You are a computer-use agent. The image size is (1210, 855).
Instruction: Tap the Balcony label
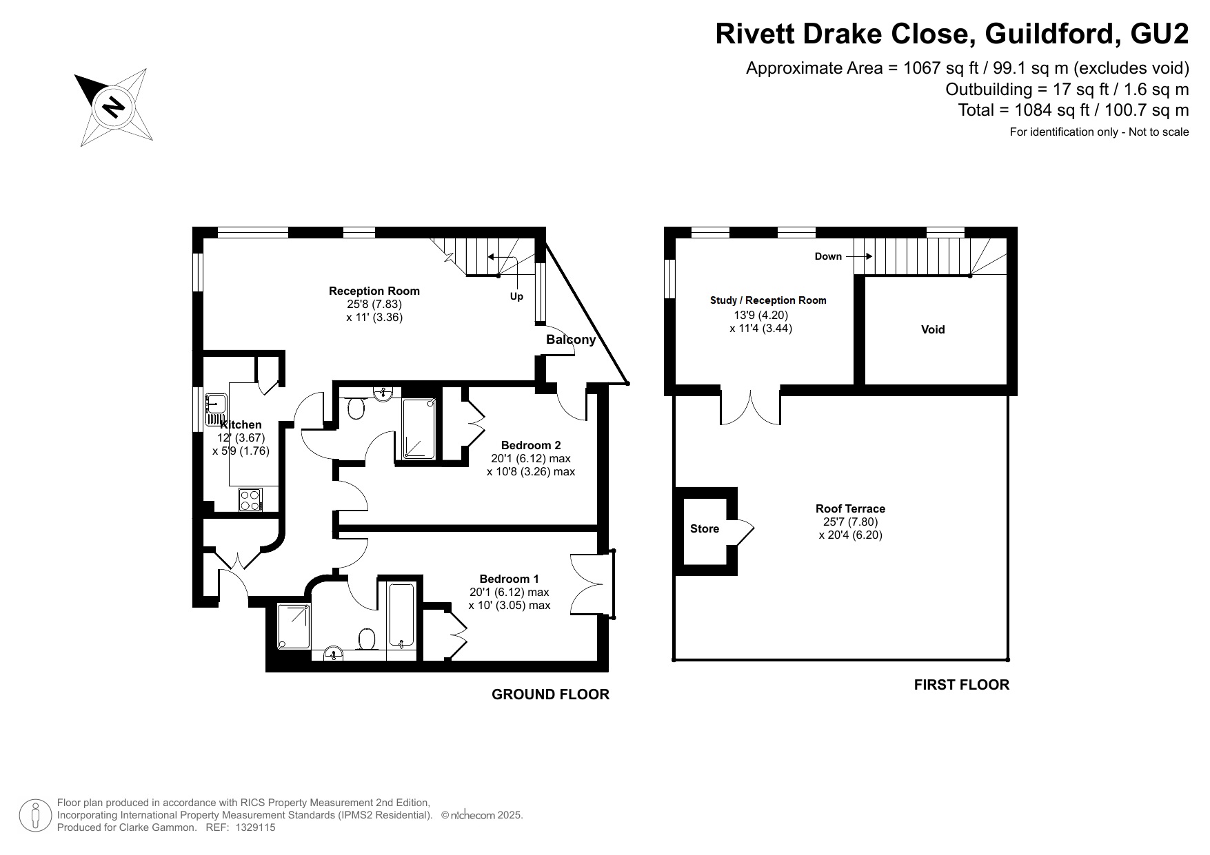[x=570, y=340]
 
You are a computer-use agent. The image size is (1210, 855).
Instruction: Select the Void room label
[x=933, y=330]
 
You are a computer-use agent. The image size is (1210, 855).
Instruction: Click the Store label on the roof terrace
[x=704, y=529]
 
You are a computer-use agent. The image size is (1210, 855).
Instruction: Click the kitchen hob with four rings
[x=250, y=499]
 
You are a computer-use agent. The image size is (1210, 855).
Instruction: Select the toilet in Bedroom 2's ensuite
[x=356, y=409]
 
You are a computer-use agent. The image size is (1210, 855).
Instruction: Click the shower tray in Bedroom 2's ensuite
[x=419, y=429]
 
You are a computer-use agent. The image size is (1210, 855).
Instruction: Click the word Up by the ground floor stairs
[x=516, y=297]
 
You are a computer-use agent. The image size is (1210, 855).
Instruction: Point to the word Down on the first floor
[x=828, y=257]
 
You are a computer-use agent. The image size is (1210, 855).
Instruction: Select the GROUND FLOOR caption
[x=550, y=694]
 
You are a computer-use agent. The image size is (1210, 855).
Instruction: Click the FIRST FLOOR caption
[x=961, y=685]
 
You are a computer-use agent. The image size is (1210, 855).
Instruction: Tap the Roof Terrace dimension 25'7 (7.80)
[x=850, y=522]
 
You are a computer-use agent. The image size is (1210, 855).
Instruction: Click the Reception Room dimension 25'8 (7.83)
[x=374, y=304]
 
